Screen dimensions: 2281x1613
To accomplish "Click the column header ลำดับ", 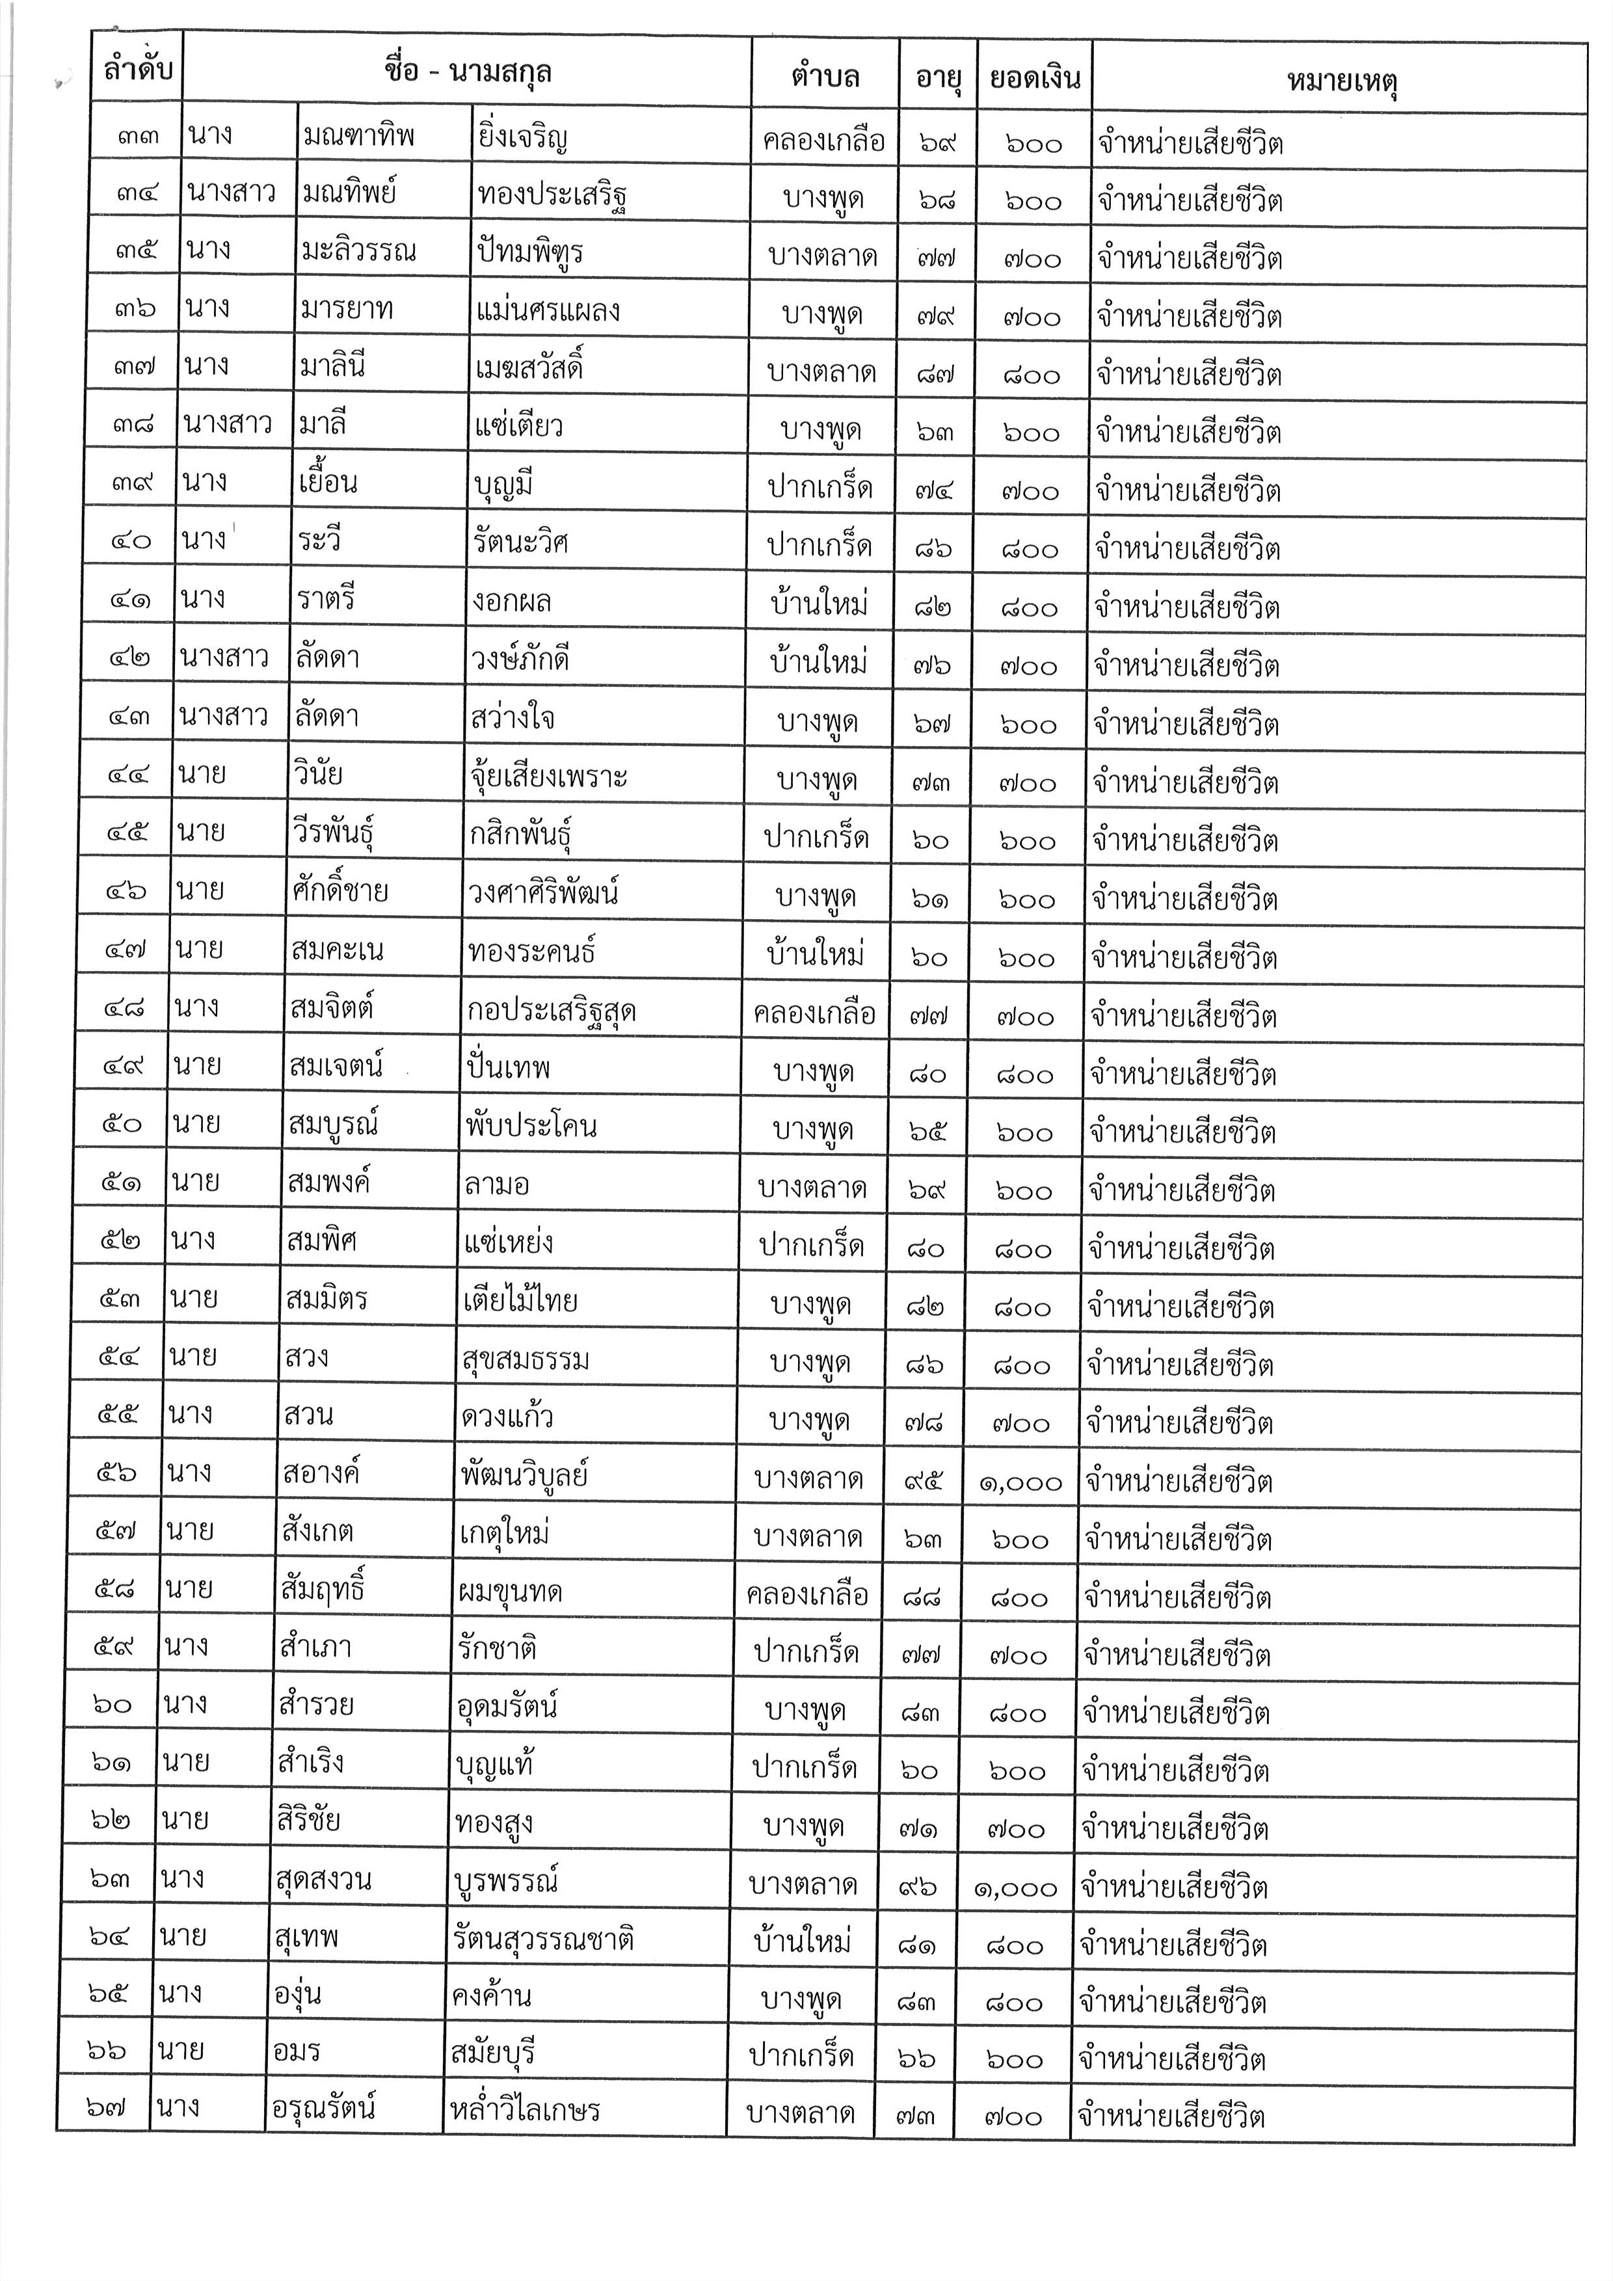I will pyautogui.click(x=137, y=70).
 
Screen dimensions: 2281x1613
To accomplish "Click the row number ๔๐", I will pyautogui.click(x=129, y=541).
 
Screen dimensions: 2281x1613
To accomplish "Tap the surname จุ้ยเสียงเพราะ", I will pyautogui.click(x=548, y=777).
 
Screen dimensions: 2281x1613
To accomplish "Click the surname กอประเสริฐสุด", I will pyautogui.click(x=552, y=1011).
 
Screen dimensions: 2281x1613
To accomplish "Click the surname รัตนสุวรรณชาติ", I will pyautogui.click(x=542, y=1940).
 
